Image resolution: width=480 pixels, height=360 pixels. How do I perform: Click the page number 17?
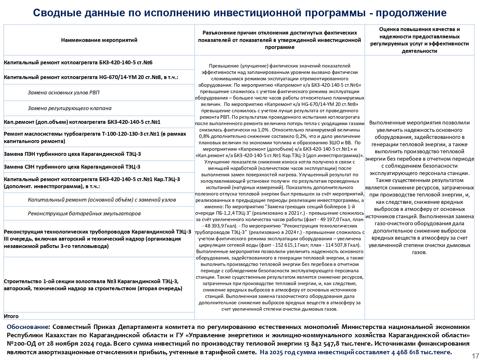pyautogui.click(x=475, y=356)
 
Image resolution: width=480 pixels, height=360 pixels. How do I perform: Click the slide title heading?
pyautogui.click(x=240, y=13)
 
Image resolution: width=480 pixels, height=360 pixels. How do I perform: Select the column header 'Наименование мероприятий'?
pyautogui.click(x=99, y=40)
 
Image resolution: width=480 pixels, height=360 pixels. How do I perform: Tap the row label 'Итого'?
pyautogui.click(x=11, y=316)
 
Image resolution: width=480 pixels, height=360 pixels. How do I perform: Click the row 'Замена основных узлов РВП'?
pyautogui.click(x=63, y=92)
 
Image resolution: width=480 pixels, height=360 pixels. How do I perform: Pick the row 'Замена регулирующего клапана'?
pyautogui.click(x=69, y=108)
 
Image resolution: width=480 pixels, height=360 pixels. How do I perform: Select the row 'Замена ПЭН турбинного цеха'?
pyautogui.click(x=72, y=154)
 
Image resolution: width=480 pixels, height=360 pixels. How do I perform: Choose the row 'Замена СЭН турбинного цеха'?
pyautogui.click(x=72, y=167)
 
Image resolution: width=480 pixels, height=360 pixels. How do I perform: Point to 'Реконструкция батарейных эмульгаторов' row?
pyautogui.click(x=84, y=213)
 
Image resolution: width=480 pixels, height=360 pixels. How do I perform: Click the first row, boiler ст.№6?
pyautogui.click(x=78, y=62)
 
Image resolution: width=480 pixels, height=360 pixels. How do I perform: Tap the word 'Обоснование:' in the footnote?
pyautogui.click(x=28, y=327)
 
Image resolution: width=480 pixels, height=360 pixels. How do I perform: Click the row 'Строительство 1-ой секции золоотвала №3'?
pyautogui.click(x=93, y=285)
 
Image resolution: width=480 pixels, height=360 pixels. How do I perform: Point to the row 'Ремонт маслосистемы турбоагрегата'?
pyautogui.click(x=95, y=137)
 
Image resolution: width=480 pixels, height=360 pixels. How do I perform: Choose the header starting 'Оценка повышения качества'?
pyautogui.click(x=419, y=40)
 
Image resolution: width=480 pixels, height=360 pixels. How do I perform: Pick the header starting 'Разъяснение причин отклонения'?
pyautogui.click(x=279, y=40)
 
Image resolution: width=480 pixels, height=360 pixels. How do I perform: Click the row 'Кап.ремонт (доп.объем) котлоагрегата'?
pyautogui.click(x=82, y=122)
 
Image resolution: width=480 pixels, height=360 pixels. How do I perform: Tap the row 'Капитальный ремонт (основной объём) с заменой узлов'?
pyautogui.click(x=102, y=200)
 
